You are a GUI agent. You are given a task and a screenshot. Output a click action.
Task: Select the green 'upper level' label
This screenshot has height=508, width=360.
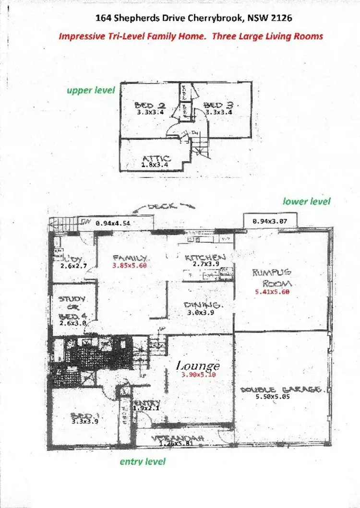pos(91,90)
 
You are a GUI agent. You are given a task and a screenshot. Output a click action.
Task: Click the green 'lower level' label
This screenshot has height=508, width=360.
pos(307,201)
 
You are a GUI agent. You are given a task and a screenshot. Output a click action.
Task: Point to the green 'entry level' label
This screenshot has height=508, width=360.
pos(142,461)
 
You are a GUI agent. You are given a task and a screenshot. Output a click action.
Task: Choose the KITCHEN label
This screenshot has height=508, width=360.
pos(204,257)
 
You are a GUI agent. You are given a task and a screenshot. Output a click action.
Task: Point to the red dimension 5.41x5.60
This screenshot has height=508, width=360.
pos(272,292)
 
